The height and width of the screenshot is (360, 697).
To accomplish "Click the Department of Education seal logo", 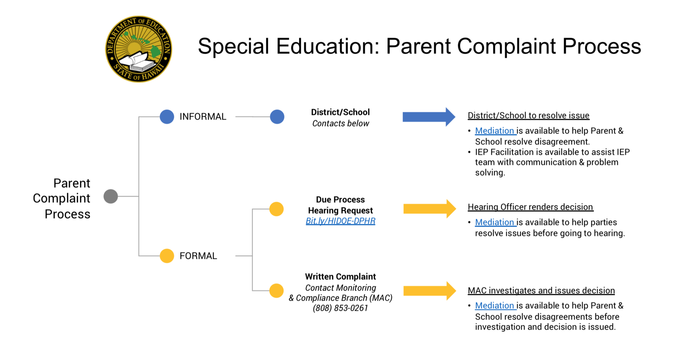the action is pos(139,49).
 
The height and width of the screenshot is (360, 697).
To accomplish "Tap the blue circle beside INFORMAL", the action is pos(167,117).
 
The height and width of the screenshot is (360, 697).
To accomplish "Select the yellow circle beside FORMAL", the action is pos(167,256).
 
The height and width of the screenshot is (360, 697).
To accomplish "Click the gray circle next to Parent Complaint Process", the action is pos(111,196).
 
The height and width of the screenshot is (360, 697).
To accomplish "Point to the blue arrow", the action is pos(429,117).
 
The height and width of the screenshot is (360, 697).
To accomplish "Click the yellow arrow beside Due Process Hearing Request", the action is pos(429,209).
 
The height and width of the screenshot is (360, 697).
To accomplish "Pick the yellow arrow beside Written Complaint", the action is pos(429,291).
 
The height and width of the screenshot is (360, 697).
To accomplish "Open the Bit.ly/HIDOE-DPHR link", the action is pos(341,221).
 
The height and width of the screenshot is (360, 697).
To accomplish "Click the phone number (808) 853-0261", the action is pos(341,308).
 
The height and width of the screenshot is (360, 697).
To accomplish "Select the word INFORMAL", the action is pos(203,117).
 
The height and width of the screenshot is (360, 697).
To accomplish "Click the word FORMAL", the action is pos(198,256).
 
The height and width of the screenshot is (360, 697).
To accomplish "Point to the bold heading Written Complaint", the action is pos(341,277).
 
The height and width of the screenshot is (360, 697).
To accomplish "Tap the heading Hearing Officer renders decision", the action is pos(530,207).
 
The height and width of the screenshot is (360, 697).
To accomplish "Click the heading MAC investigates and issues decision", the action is pos(541,291).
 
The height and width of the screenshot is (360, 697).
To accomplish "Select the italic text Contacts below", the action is pos(341,124).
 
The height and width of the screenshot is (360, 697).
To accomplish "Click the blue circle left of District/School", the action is pos(277,117).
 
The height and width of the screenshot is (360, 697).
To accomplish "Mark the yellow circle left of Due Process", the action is pos(276,209).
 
